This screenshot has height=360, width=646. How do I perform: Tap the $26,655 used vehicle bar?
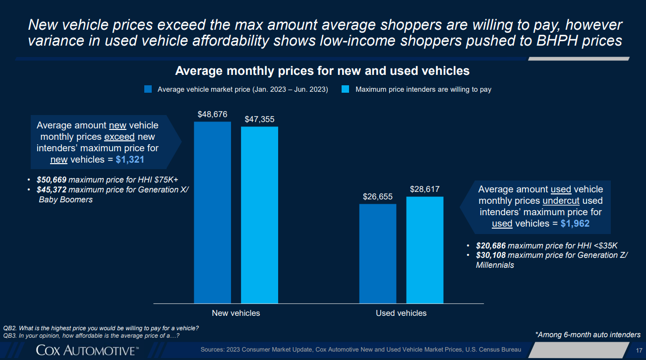pyautogui.click(x=377, y=253)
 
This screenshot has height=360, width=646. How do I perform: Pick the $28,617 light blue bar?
pyautogui.click(x=425, y=250)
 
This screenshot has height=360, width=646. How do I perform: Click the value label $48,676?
pyautogui.click(x=212, y=115)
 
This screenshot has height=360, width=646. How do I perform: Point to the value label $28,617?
pyautogui.click(x=425, y=189)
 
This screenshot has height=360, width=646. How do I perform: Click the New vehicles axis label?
pyautogui.click(x=236, y=313)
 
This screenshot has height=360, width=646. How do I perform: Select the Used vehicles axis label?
pyautogui.click(x=401, y=313)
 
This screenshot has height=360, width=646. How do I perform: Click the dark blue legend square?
pyautogui.click(x=148, y=89)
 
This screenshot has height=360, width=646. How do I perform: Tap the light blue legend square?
pyautogui.click(x=346, y=89)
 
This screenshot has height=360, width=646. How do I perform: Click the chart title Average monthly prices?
pyautogui.click(x=322, y=71)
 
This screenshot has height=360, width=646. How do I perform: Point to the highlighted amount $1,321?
pyautogui.click(x=130, y=160)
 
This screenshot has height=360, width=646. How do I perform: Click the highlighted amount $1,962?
pyautogui.click(x=575, y=224)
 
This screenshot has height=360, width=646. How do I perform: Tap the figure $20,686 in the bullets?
pyautogui.click(x=491, y=245)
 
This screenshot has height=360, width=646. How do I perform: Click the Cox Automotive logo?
pyautogui.click(x=87, y=351)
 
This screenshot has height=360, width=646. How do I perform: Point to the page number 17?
pyautogui.click(x=639, y=351)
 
